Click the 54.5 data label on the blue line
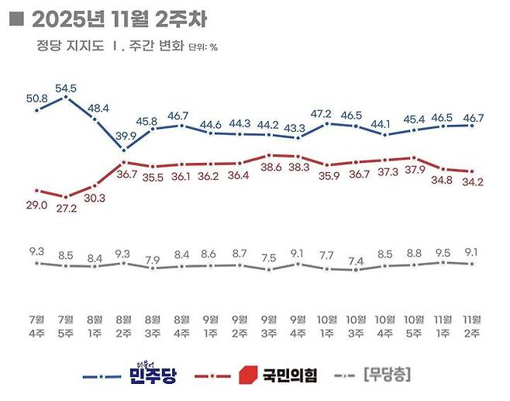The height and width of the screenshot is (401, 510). tap(66, 88)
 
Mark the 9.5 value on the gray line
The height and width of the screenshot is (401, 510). tap(443, 251)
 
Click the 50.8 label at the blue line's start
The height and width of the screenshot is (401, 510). tap(36, 99)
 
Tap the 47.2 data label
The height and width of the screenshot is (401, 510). tap(326, 112)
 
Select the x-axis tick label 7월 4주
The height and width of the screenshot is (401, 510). tap(36, 326)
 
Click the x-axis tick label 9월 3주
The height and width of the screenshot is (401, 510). tap(268, 326)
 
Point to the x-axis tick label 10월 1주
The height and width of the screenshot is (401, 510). tap(326, 326)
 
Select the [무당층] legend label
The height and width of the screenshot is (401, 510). tap(386, 375)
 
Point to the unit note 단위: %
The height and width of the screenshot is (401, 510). tap(203, 47)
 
